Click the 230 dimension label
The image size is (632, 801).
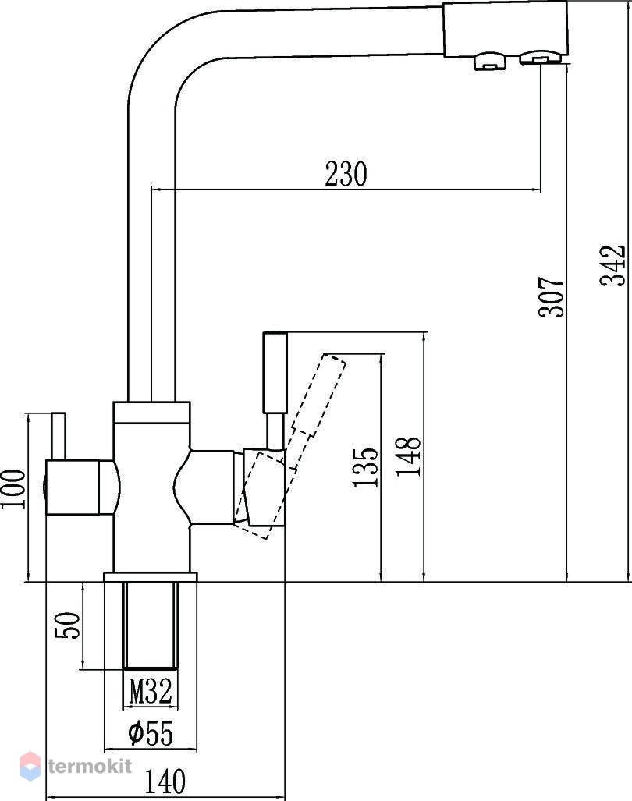pos(346,174)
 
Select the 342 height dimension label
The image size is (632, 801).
pos(612,266)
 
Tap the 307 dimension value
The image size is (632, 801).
pos(552,297)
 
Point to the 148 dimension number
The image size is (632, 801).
pos(408,456)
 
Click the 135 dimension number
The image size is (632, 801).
pos(366,467)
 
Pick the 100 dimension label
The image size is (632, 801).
pos(13,488)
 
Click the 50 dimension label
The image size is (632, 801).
pos(68,626)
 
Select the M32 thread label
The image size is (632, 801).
pos(151,692)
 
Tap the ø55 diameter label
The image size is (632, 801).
pos(151,733)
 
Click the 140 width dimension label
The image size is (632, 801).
pos(165,781)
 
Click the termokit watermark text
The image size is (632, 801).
pos(90,766)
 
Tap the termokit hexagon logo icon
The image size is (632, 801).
pos(30,766)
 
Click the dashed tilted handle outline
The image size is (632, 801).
pos(290,445)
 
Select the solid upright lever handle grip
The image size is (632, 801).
pos(275,372)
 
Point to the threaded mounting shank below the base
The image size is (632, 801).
pos(151,626)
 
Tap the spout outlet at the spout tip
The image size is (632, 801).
pos(541,57)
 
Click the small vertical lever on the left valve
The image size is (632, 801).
pos(59,436)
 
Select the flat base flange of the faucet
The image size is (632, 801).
pos(151,576)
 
